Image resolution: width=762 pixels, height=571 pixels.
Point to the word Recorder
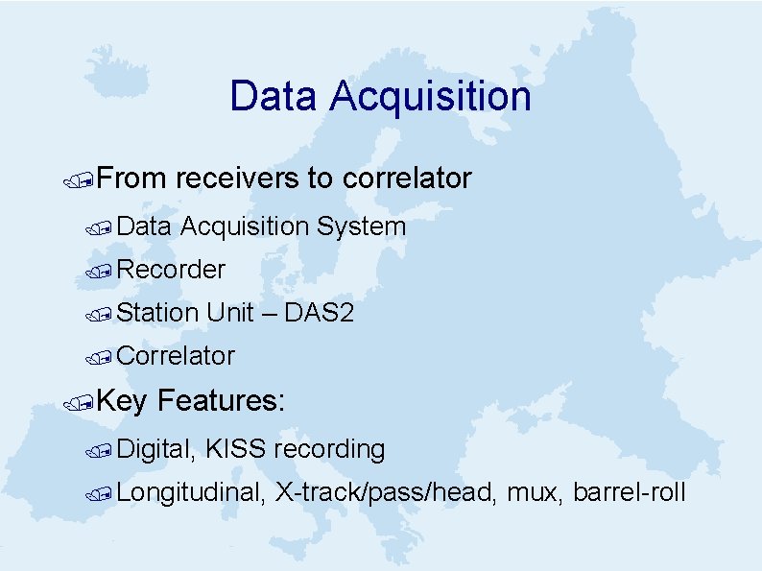point(171,271)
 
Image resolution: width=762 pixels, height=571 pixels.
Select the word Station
point(158,313)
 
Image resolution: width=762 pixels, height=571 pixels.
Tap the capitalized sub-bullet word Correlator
point(176,356)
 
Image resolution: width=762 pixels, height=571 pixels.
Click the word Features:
point(221,400)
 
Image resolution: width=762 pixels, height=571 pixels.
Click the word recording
point(329,449)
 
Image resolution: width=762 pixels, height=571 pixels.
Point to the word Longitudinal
point(191,493)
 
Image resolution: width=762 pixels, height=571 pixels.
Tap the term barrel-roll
point(629,493)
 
